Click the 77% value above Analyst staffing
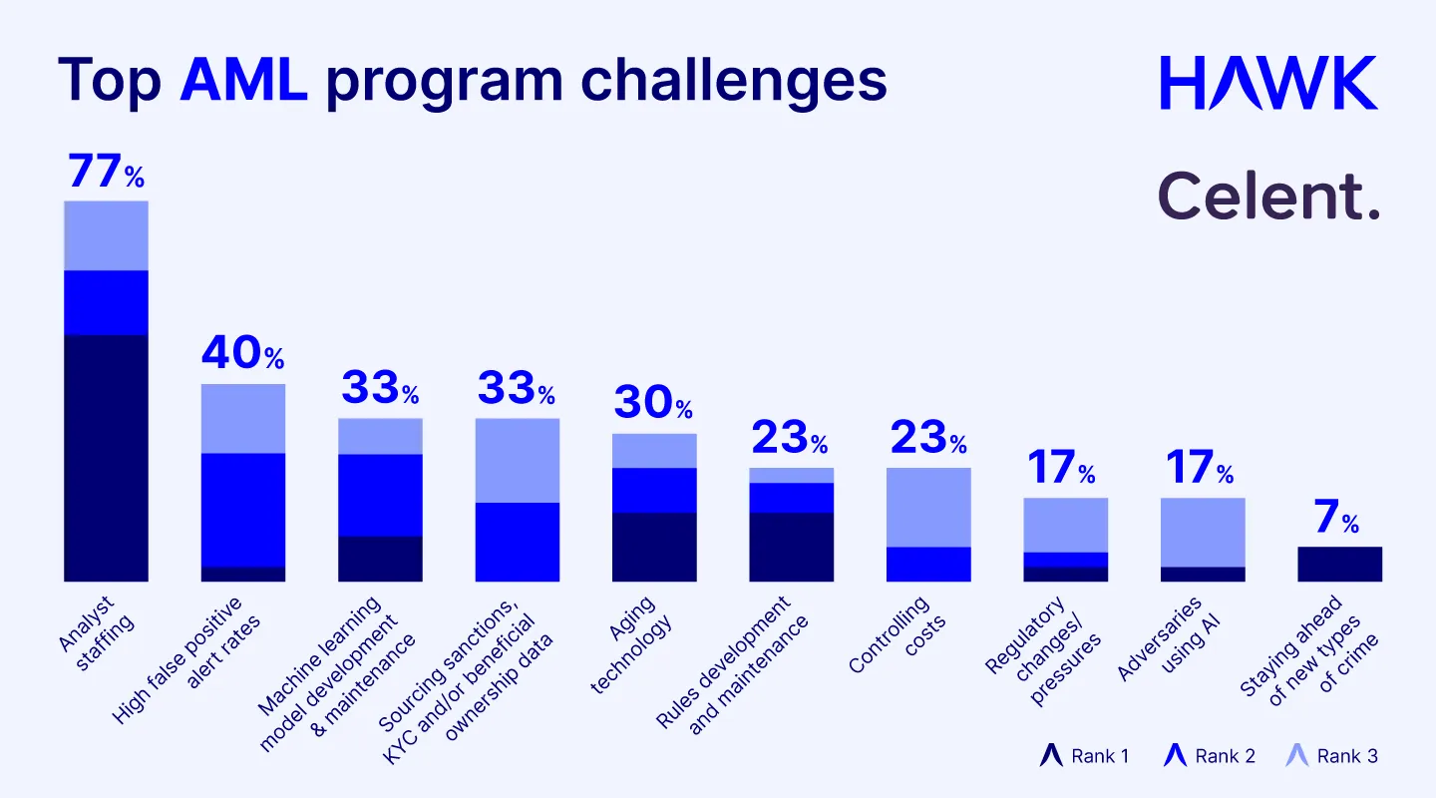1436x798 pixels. coord(106,172)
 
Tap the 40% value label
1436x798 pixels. coord(242,353)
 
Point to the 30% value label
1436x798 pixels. coord(653,403)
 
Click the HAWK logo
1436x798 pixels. coord(1268,83)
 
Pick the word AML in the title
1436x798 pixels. coord(243,79)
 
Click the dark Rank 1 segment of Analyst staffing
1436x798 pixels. coord(106,458)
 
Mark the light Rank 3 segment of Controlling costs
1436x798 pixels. coord(928,507)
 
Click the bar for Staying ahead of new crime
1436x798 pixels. coord(1339,564)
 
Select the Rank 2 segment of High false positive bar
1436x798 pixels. coord(243,510)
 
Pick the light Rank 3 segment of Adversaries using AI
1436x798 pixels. coord(1203,532)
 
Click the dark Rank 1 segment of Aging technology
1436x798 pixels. coord(654,547)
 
